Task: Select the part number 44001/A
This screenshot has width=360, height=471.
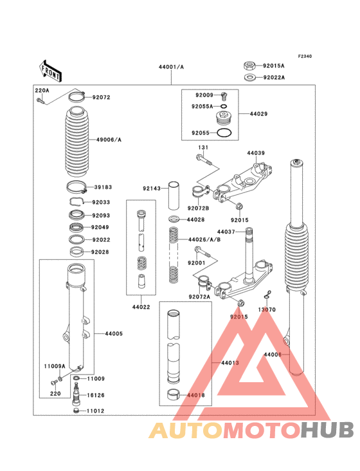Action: coord(172,67)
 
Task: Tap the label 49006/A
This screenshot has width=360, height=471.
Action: coord(109,140)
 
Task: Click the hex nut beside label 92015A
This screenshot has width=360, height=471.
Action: coord(249,65)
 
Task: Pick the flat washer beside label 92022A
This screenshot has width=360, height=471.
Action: coord(249,78)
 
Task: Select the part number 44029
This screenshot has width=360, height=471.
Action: coord(259,114)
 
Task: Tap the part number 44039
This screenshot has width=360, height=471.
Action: coord(256,153)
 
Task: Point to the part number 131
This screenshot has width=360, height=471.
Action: coord(203,148)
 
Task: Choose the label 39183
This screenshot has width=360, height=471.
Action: coord(103,187)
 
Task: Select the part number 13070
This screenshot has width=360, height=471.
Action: coord(267,309)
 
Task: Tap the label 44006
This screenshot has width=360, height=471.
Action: coord(273,355)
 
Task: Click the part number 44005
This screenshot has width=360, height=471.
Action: coord(114,333)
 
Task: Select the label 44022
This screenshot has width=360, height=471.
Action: coord(141,307)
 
